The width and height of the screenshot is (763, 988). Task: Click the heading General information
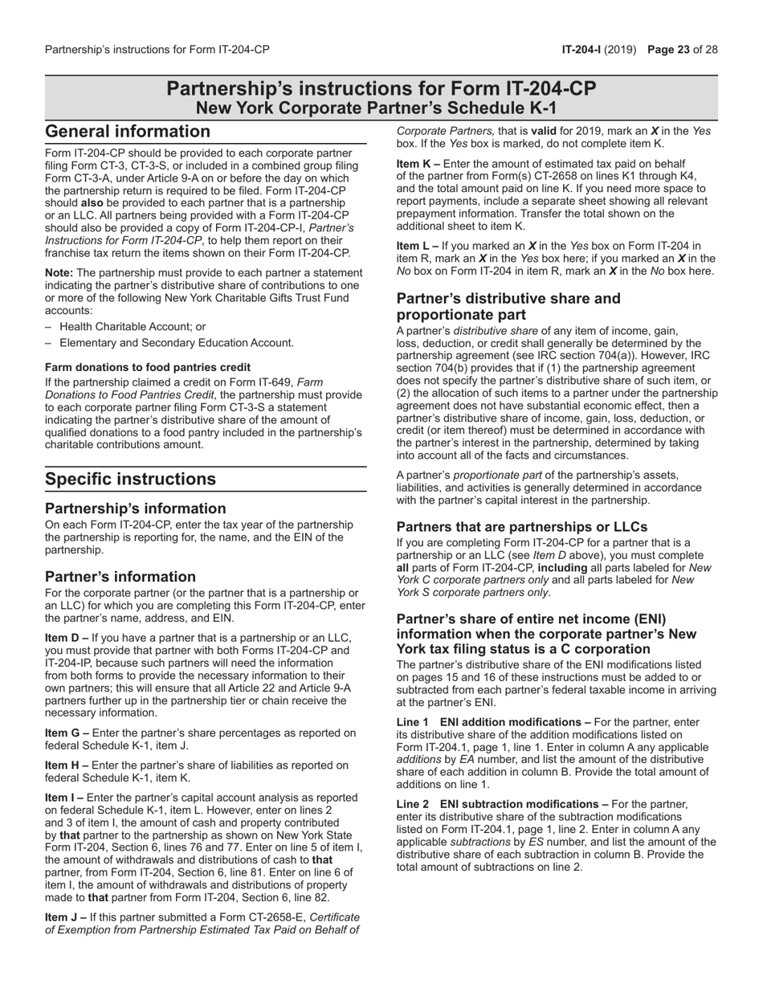127,132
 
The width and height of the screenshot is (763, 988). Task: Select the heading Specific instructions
130,480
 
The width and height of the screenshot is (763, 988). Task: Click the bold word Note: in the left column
59,273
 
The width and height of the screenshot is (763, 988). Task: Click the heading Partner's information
120,577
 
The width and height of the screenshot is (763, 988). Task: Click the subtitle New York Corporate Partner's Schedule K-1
381,108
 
